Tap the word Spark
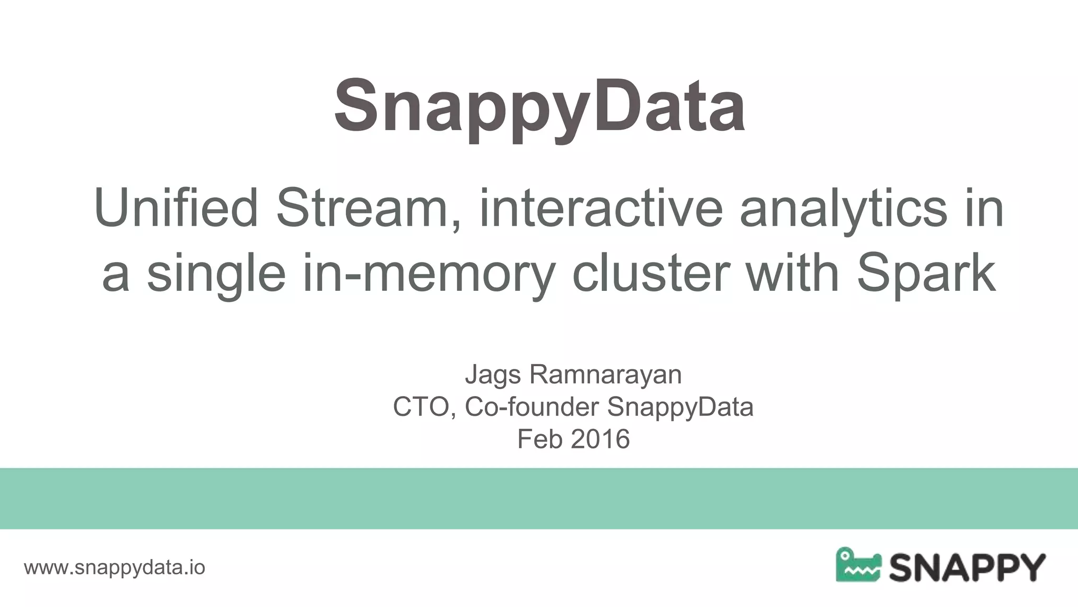(926, 274)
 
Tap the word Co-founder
(532, 407)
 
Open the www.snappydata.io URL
(115, 567)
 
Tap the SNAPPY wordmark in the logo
(967, 567)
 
